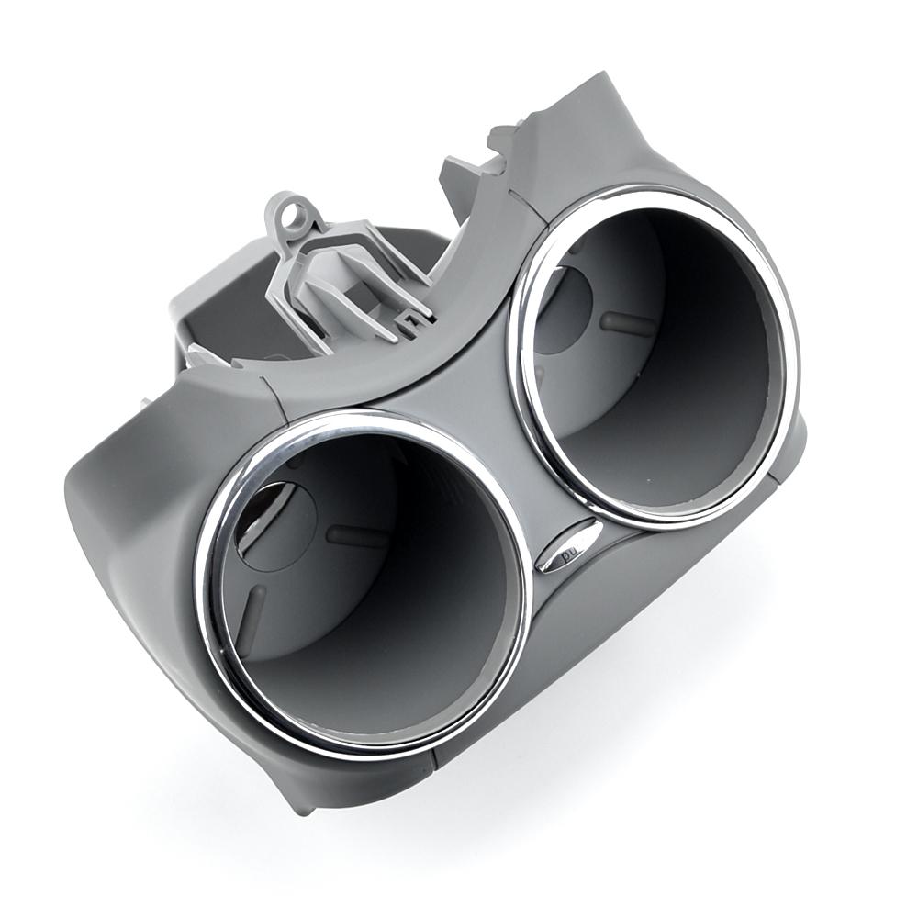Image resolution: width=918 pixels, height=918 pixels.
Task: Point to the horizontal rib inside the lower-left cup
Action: pos(356,536)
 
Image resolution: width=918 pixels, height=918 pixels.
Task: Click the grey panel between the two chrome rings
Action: pos(477,404)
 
